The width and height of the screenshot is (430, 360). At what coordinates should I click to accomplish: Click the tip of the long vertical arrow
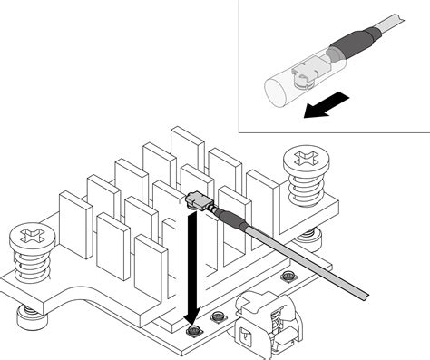coord(191,324)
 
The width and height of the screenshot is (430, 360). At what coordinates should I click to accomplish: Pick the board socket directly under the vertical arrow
coord(192,333)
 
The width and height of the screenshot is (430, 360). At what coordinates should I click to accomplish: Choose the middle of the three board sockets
coord(218,317)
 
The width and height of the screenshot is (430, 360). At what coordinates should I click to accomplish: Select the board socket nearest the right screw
coord(288,276)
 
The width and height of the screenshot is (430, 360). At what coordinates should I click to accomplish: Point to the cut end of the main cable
coord(365,294)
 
